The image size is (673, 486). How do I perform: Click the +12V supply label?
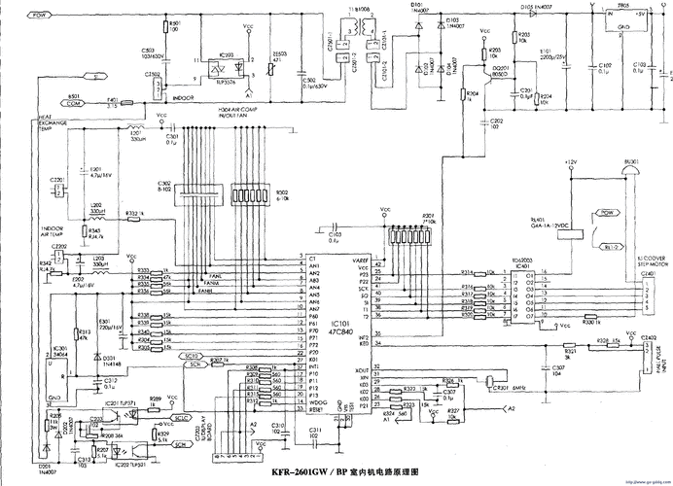(x=570, y=161)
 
